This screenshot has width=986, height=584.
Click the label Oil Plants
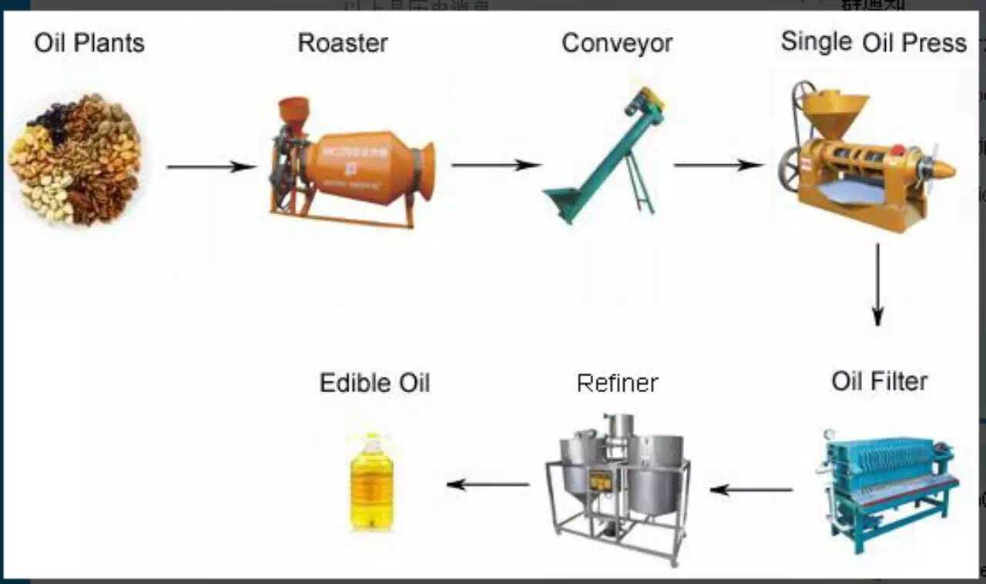tap(89, 43)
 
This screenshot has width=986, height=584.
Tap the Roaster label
tap(343, 43)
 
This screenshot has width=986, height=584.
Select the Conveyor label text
tap(617, 43)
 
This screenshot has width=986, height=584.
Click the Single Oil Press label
tap(874, 42)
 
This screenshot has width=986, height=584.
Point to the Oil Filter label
tap(879, 381)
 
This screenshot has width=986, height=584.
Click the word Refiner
tap(617, 383)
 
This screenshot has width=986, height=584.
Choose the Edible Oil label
tap(374, 382)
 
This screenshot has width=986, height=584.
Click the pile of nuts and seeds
tap(75, 159)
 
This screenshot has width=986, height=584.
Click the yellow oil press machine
tap(863, 158)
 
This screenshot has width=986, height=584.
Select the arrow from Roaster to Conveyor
tap(495, 165)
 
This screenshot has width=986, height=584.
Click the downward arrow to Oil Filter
tap(877, 284)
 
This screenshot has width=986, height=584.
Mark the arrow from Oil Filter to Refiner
tap(751, 489)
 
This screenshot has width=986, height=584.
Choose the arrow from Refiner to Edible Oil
tap(488, 485)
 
